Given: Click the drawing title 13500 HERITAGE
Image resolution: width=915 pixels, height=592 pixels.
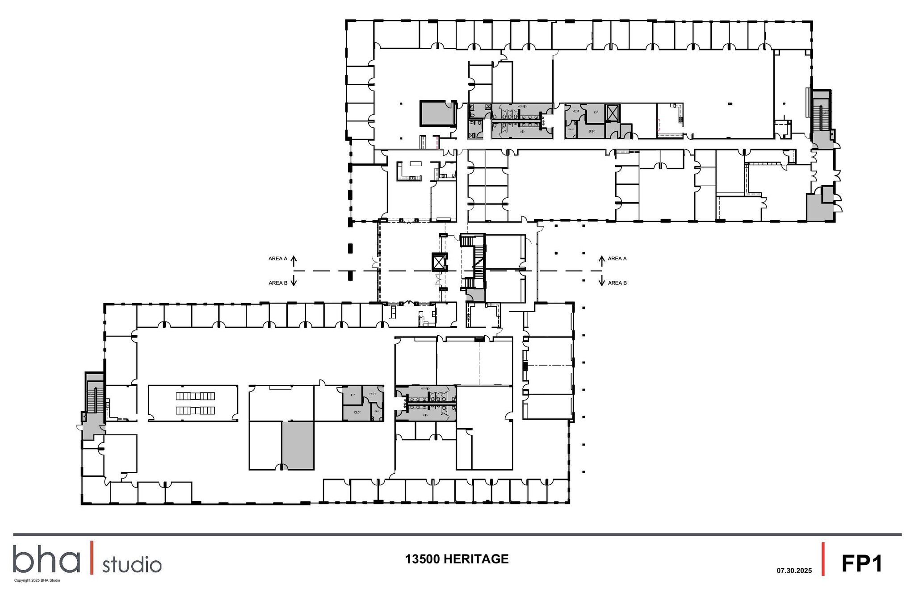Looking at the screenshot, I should coord(457,559).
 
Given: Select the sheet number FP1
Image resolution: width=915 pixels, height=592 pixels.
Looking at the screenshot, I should coord(862,563).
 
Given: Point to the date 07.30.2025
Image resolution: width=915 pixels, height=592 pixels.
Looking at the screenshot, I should coord(794,571).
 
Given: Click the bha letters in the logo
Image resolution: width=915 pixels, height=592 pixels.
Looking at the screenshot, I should coord(46,559).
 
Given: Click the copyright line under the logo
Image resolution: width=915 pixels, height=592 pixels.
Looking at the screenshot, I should coord(37,580).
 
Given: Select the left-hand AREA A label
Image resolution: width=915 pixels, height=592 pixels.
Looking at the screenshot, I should coord(277,258).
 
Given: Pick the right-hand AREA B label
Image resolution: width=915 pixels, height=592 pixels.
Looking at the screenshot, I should coord(617,283).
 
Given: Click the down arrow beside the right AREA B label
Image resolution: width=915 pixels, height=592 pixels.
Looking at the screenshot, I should coord(601,281).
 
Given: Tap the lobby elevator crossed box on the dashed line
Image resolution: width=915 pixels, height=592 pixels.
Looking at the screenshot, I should coord(439,262).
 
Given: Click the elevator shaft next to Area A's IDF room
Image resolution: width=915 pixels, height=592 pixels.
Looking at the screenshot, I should coord(612,113).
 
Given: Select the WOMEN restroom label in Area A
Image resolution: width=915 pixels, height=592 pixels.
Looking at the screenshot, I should coord(522,106).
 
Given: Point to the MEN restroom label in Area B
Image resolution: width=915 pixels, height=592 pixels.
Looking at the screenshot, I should coord(425,415).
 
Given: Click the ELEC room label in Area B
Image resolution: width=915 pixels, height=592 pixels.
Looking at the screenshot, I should coord(357,412).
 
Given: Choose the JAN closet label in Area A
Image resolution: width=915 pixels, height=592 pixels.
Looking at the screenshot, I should coord(571,129).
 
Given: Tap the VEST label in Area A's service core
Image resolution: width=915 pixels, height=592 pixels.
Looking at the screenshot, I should coord(576,111).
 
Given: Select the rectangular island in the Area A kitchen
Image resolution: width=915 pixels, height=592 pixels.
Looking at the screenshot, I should coord(416,163).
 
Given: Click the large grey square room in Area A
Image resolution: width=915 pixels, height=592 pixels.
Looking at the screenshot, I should coord(437,113).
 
